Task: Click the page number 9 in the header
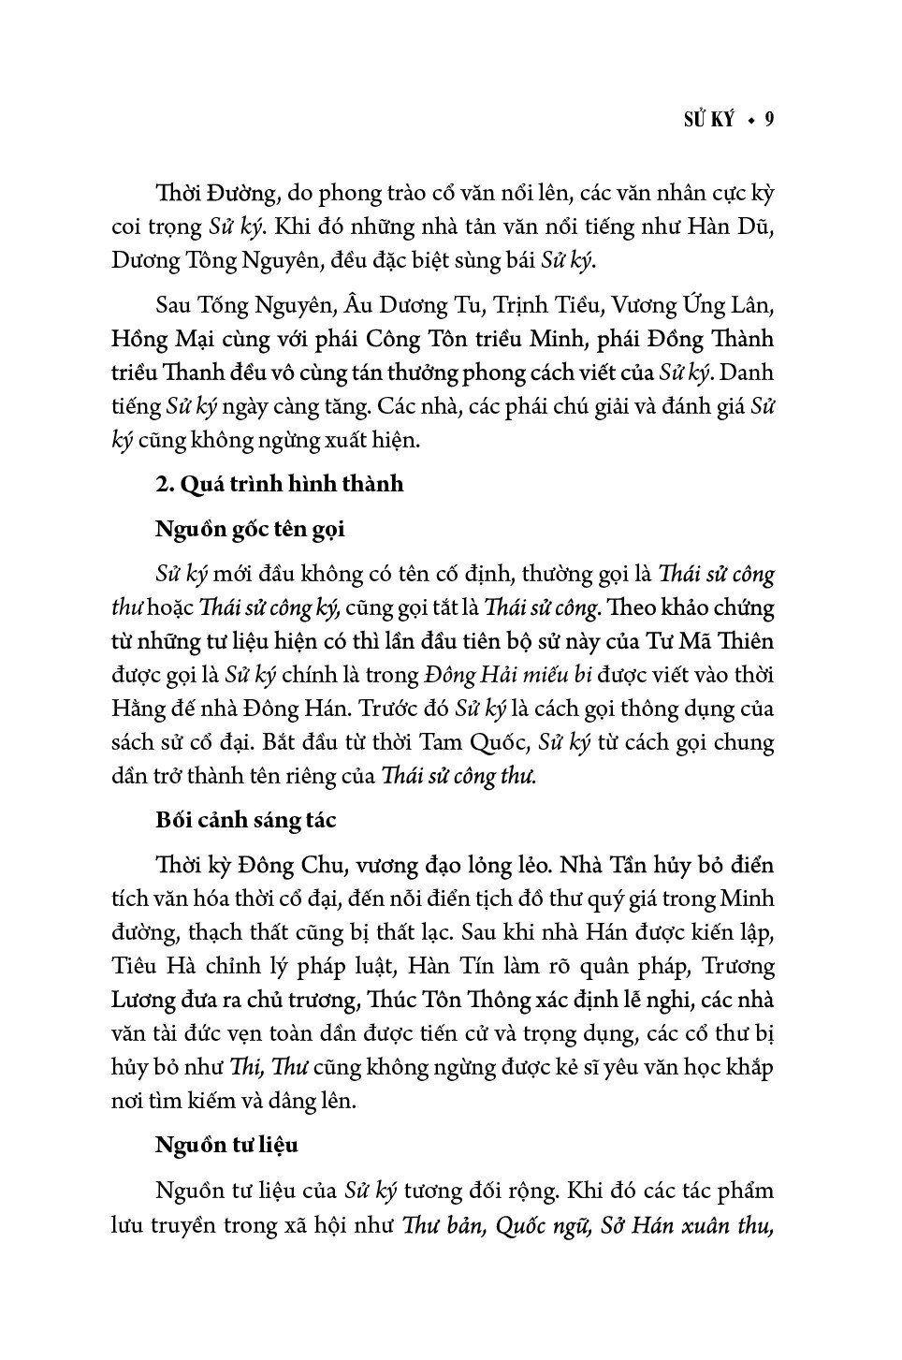(769, 119)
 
